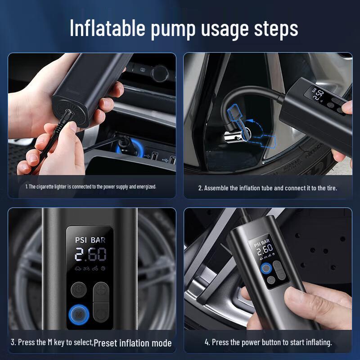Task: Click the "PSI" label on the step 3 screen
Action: (x=83, y=240)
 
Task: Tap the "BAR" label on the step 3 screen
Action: (x=98, y=240)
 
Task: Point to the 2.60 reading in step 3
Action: (x=90, y=255)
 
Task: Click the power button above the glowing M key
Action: (x=79, y=288)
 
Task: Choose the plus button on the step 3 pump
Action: (x=101, y=288)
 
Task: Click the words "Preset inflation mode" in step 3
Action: (x=133, y=343)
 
